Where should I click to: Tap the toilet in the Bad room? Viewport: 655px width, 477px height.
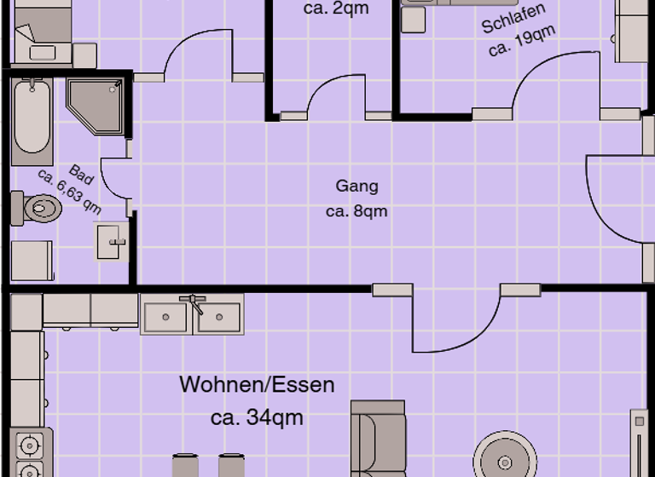[38, 208]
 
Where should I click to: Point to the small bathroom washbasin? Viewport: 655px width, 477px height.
[110, 242]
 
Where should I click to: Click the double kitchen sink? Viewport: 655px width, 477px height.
[192, 316]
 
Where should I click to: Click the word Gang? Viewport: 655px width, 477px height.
[356, 186]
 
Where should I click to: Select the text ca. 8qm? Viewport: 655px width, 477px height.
[356, 210]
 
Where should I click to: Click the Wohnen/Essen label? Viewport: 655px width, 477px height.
[257, 385]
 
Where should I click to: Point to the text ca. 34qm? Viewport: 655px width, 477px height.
[257, 417]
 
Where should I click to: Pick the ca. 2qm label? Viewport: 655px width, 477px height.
[336, 10]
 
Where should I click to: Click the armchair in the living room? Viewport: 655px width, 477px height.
[377, 439]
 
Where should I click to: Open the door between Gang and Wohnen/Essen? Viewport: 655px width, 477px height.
[455, 324]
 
